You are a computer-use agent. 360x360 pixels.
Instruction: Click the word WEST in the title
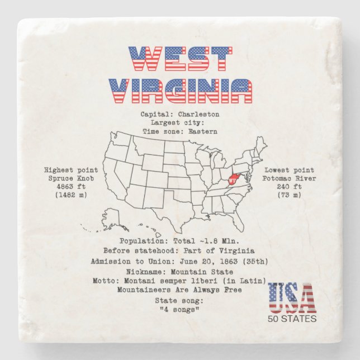tap(180, 59)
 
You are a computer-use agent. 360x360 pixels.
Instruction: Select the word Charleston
tap(198, 115)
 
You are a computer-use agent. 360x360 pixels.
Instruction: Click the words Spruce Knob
tap(70, 178)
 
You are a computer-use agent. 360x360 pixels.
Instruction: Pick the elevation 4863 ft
tap(70, 187)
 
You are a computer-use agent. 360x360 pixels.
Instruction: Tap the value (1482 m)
tap(70, 195)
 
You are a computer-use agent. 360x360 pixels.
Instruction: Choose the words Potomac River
tap(290, 178)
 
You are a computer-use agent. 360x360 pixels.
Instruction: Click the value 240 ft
tap(290, 187)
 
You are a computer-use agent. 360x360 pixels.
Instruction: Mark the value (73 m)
tap(290, 195)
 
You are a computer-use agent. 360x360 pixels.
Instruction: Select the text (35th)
tap(255, 261)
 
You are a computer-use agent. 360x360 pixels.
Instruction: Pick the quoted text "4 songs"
tap(179, 310)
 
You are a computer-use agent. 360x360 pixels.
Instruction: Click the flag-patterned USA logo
tap(292, 299)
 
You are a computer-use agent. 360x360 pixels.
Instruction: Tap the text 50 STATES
tap(292, 319)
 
